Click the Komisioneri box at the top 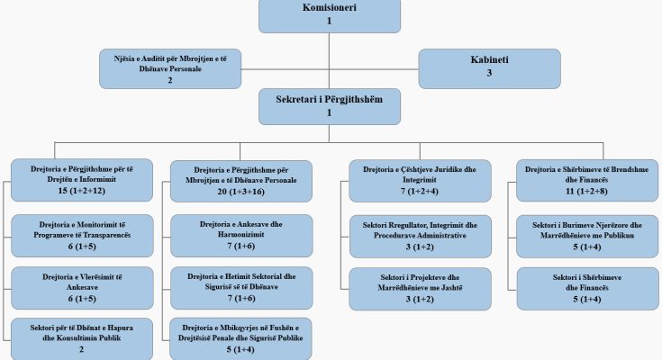pos(330,14)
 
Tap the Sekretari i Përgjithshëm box pos(330,105)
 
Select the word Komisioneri pos(330,7)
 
